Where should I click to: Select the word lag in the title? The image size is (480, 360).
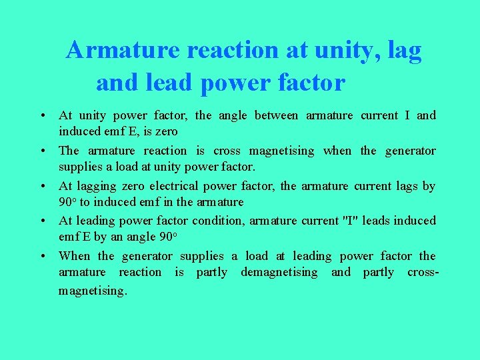coord(405,50)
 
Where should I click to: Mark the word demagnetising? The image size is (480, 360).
coord(279,272)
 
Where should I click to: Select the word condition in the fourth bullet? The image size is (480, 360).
coord(218,220)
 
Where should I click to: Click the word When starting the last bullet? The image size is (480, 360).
coord(75,256)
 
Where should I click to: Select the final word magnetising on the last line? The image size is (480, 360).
coord(93,291)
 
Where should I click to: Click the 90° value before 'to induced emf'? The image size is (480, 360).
coord(68,202)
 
